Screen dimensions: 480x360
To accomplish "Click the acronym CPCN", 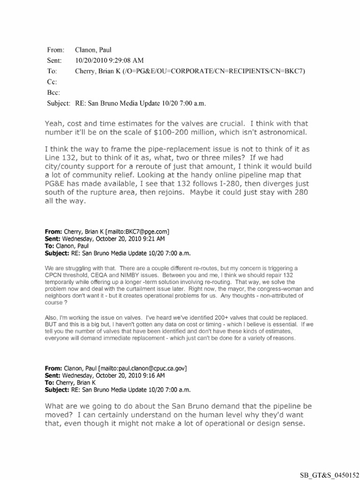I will pyautogui.click(x=55, y=275).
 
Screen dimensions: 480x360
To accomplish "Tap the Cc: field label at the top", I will pyautogui.click(x=51, y=82).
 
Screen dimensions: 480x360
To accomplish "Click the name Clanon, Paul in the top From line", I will pyautogui.click(x=92, y=49).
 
